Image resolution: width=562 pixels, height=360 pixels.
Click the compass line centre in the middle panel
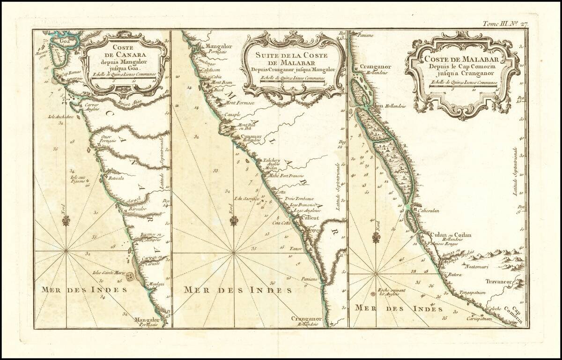233,253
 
